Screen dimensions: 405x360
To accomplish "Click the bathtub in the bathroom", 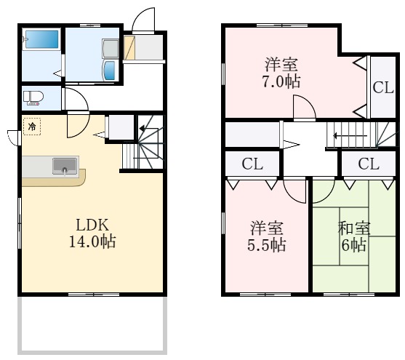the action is (42, 39).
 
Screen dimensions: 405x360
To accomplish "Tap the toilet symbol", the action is (32, 98).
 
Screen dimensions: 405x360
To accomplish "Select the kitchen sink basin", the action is (65, 166).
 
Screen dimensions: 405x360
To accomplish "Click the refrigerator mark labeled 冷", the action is (32, 127).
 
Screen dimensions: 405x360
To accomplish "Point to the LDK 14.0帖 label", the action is (92, 233).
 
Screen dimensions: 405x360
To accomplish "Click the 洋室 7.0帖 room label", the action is (281, 73).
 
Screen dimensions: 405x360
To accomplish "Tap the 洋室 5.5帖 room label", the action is (267, 236).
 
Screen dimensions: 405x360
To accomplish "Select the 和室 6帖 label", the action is (354, 236).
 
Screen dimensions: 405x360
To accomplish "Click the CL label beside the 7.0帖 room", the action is (382, 87).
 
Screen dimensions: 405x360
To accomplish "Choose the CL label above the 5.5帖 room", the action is (252, 164).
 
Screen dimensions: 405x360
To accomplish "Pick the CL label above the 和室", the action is (369, 164).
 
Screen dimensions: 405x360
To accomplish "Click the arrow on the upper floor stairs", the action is (350, 135).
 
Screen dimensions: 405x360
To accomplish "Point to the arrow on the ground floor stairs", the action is (142, 128).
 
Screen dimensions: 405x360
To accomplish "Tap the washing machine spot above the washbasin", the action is (111, 49).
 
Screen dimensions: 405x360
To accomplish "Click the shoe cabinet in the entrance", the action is (129, 47).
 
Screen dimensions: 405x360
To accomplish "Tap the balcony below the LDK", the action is (92, 324).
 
